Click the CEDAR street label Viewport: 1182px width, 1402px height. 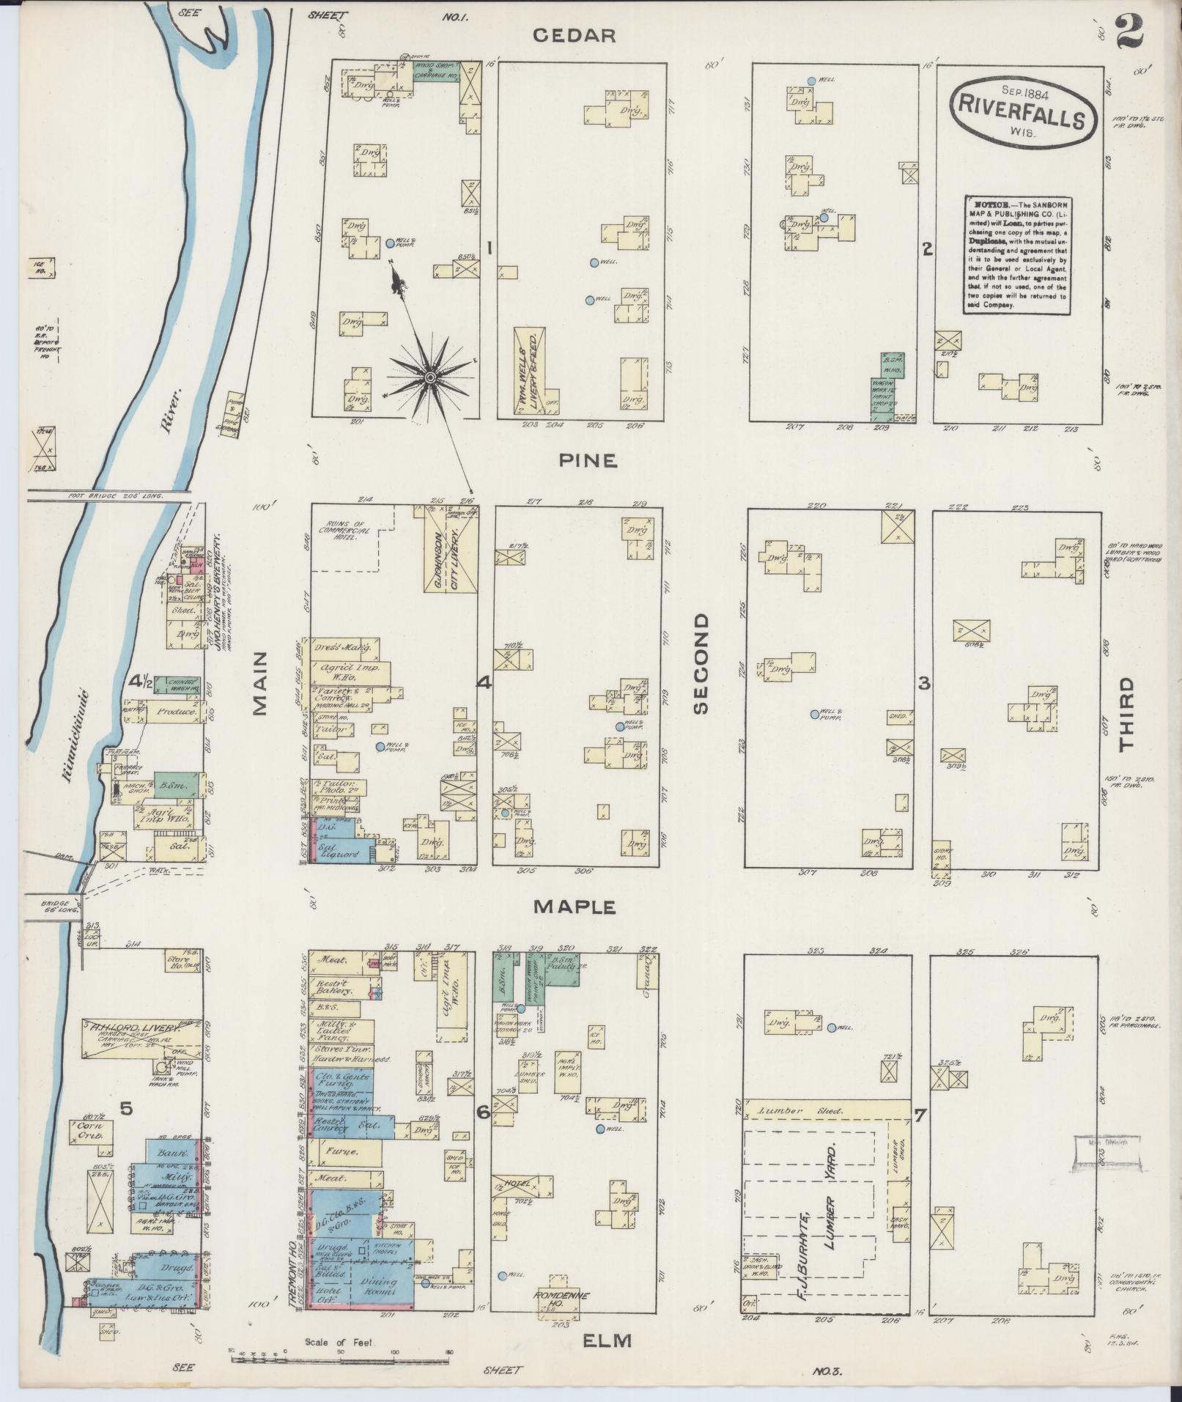[x=573, y=35]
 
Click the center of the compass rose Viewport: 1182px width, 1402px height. [x=431, y=377]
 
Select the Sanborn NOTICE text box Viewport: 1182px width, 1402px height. [x=1016, y=254]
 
